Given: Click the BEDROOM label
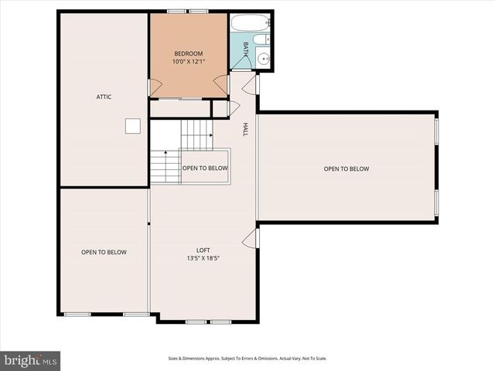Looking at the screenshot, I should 188,53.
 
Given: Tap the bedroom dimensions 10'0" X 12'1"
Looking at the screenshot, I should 188,62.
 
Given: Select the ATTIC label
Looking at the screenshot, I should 104,97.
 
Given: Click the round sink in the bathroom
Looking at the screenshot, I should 263,58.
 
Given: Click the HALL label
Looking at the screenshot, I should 246,130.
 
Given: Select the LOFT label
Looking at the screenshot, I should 203,250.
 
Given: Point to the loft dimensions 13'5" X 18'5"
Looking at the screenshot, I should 203,258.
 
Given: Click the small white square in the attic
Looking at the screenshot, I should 133,126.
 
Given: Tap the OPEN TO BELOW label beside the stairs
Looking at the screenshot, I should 205,168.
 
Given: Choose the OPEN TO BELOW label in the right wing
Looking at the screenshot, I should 346,168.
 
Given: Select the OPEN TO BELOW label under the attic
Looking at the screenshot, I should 104,252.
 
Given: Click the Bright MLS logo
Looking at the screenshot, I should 30,359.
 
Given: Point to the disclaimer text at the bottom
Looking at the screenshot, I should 247,359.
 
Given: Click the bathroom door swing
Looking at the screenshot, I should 251,84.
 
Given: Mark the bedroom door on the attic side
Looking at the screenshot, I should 155,87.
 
